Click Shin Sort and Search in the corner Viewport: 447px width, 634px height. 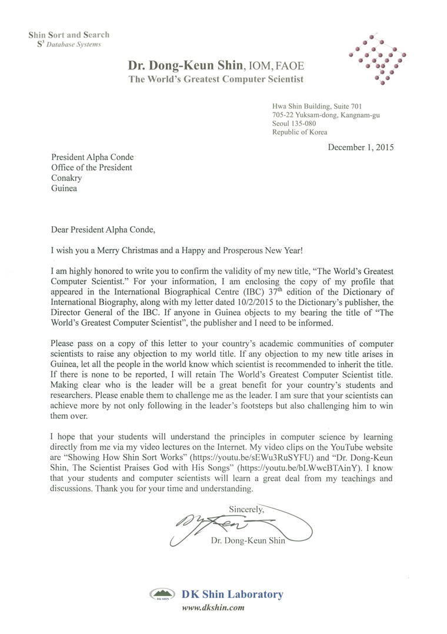point(69,35)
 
